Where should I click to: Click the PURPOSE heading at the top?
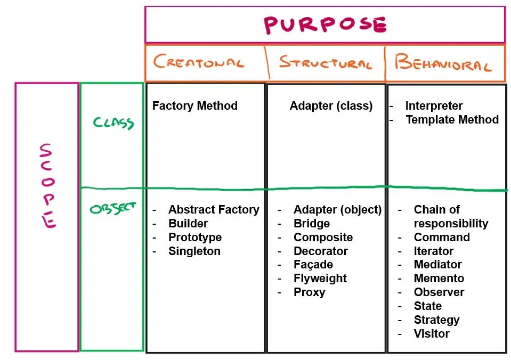325,24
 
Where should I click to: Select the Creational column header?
199,62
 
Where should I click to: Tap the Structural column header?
325,63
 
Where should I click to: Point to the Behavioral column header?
442,63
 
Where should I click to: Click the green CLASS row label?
113,123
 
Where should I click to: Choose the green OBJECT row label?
112,209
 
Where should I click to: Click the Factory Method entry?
194,105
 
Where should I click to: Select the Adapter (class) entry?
331,105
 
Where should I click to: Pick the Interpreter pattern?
434,105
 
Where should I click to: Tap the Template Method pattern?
452,119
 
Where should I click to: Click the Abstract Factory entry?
214,209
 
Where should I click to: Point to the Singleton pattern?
194,251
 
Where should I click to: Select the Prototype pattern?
195,237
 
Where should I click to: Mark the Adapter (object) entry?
337,209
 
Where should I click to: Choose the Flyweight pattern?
320,278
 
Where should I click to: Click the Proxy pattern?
309,292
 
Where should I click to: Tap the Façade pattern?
313,264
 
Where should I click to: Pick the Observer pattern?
439,292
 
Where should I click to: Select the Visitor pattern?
431,333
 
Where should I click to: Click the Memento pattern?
439,278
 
